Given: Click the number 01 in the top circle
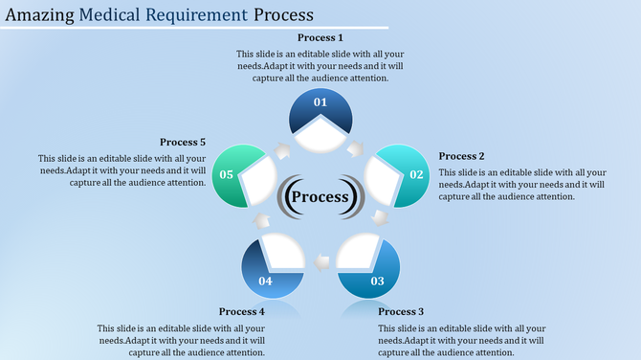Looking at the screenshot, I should click(320, 101).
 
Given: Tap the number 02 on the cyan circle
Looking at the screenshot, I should click(416, 174).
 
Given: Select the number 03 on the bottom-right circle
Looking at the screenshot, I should click(377, 281).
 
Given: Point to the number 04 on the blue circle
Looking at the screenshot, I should click(265, 281).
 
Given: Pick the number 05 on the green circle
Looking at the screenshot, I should click(226, 174).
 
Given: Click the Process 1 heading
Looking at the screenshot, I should click(320, 37).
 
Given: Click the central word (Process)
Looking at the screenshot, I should click(320, 197).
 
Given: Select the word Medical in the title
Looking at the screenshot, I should click(115, 15).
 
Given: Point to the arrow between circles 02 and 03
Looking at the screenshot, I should click(380, 219).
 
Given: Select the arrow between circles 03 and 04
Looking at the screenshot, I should click(321, 259).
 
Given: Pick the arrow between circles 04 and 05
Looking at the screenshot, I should click(261, 219).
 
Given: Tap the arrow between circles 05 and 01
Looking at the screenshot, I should click(284, 150).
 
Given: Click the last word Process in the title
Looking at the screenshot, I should click(285, 15).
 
